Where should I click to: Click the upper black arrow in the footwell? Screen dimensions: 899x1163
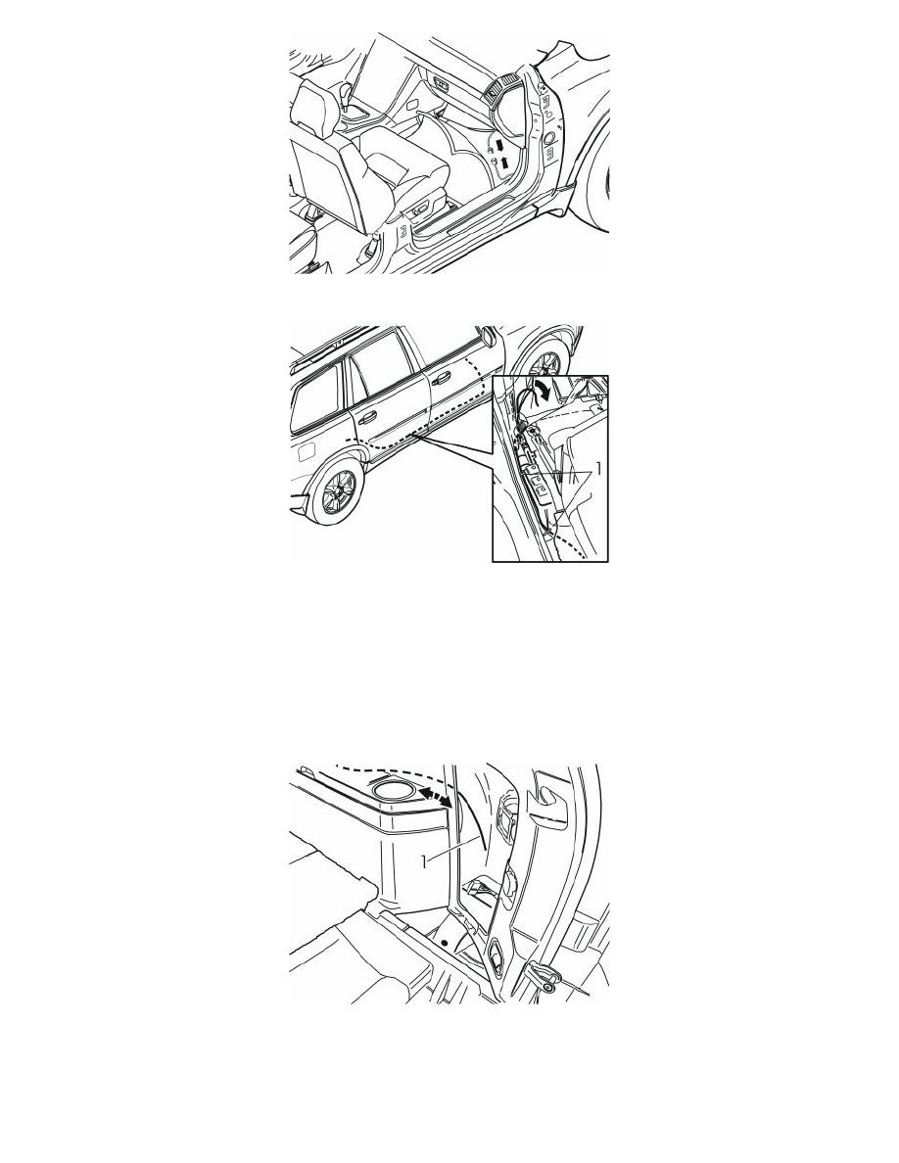500,144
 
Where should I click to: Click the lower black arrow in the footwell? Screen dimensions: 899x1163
505,163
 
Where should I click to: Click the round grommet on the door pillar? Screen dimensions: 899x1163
548,139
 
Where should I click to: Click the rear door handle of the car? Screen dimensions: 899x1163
368,424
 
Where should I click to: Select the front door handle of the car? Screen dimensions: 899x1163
442,381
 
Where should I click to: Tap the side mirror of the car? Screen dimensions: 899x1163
489,335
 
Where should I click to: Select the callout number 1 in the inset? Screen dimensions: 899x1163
598,470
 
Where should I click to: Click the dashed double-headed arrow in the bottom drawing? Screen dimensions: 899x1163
436,799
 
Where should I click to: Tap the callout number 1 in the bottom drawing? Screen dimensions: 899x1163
425,861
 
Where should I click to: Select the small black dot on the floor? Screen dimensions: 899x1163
445,942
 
